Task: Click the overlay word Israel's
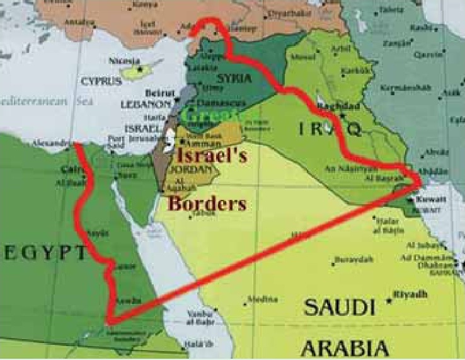[212, 154]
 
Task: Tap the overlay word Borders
[206, 204]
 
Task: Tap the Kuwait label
[436, 199]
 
